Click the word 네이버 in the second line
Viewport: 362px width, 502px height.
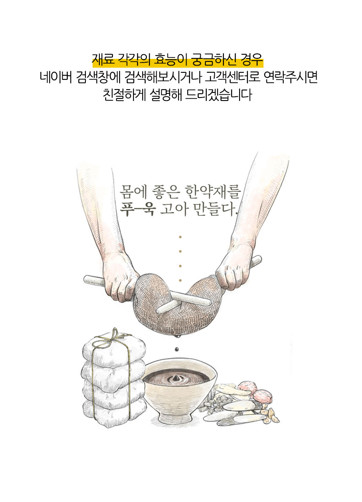[x=56, y=77]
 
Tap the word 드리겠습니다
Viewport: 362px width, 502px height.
[x=219, y=95]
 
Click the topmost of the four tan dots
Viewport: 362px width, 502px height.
[x=180, y=237]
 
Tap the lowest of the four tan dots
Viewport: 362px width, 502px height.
[x=180, y=280]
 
